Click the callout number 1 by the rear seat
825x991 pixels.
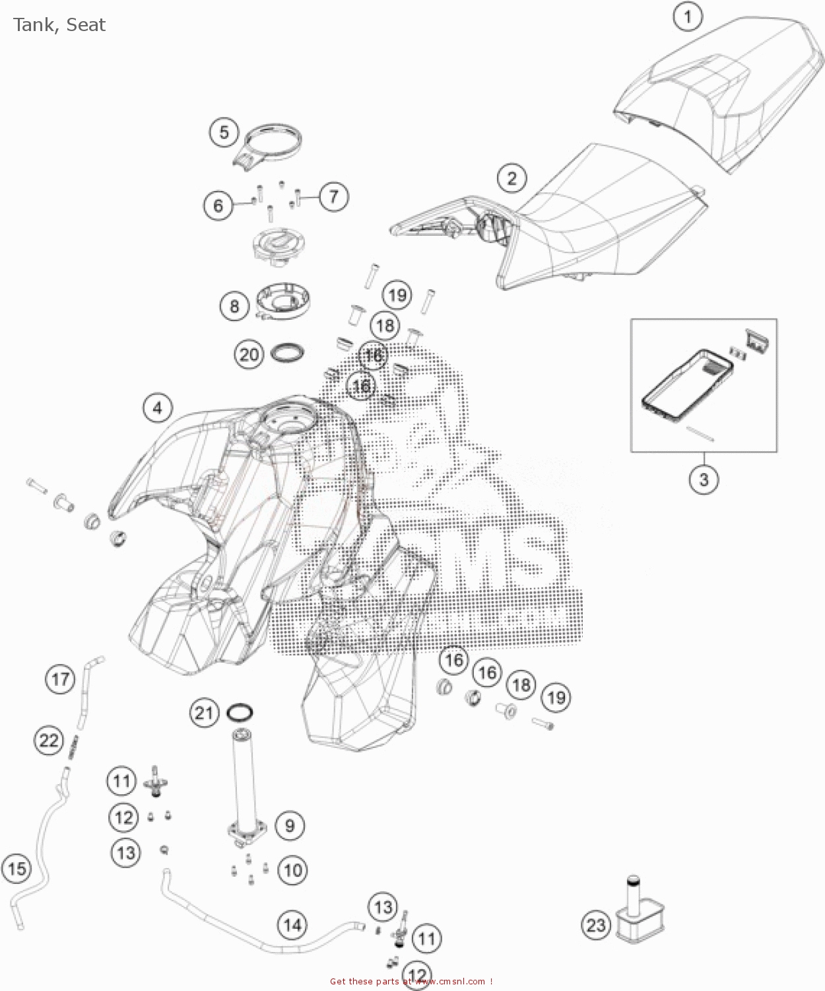(x=688, y=17)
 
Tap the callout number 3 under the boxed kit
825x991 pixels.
(x=704, y=479)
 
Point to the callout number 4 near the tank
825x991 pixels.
(x=157, y=408)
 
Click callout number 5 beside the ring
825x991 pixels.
(x=224, y=132)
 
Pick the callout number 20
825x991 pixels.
(x=249, y=355)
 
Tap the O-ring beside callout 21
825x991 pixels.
(x=239, y=713)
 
